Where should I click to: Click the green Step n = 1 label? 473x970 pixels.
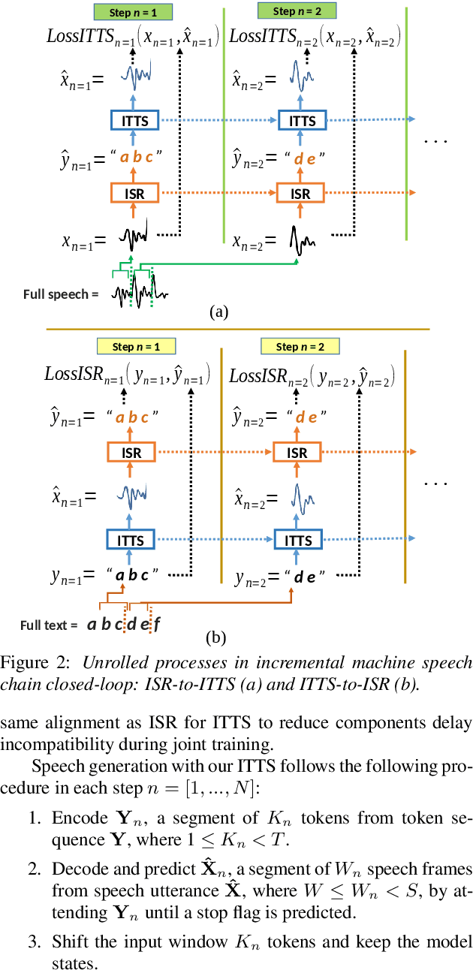134,12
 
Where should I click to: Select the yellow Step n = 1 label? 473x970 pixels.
136,346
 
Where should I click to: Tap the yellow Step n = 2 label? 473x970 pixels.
300,346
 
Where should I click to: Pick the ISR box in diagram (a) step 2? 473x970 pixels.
300,194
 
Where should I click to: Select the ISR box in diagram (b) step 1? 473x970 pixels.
132,453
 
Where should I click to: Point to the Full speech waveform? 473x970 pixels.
139,290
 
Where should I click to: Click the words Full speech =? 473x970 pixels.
61,294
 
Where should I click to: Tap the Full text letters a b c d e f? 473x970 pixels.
123,625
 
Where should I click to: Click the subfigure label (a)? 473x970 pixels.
218,312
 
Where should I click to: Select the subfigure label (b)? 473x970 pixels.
216,638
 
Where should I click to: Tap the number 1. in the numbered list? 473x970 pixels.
36,818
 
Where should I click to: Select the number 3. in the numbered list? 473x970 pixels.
36,941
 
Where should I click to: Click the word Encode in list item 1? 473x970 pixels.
74,818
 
